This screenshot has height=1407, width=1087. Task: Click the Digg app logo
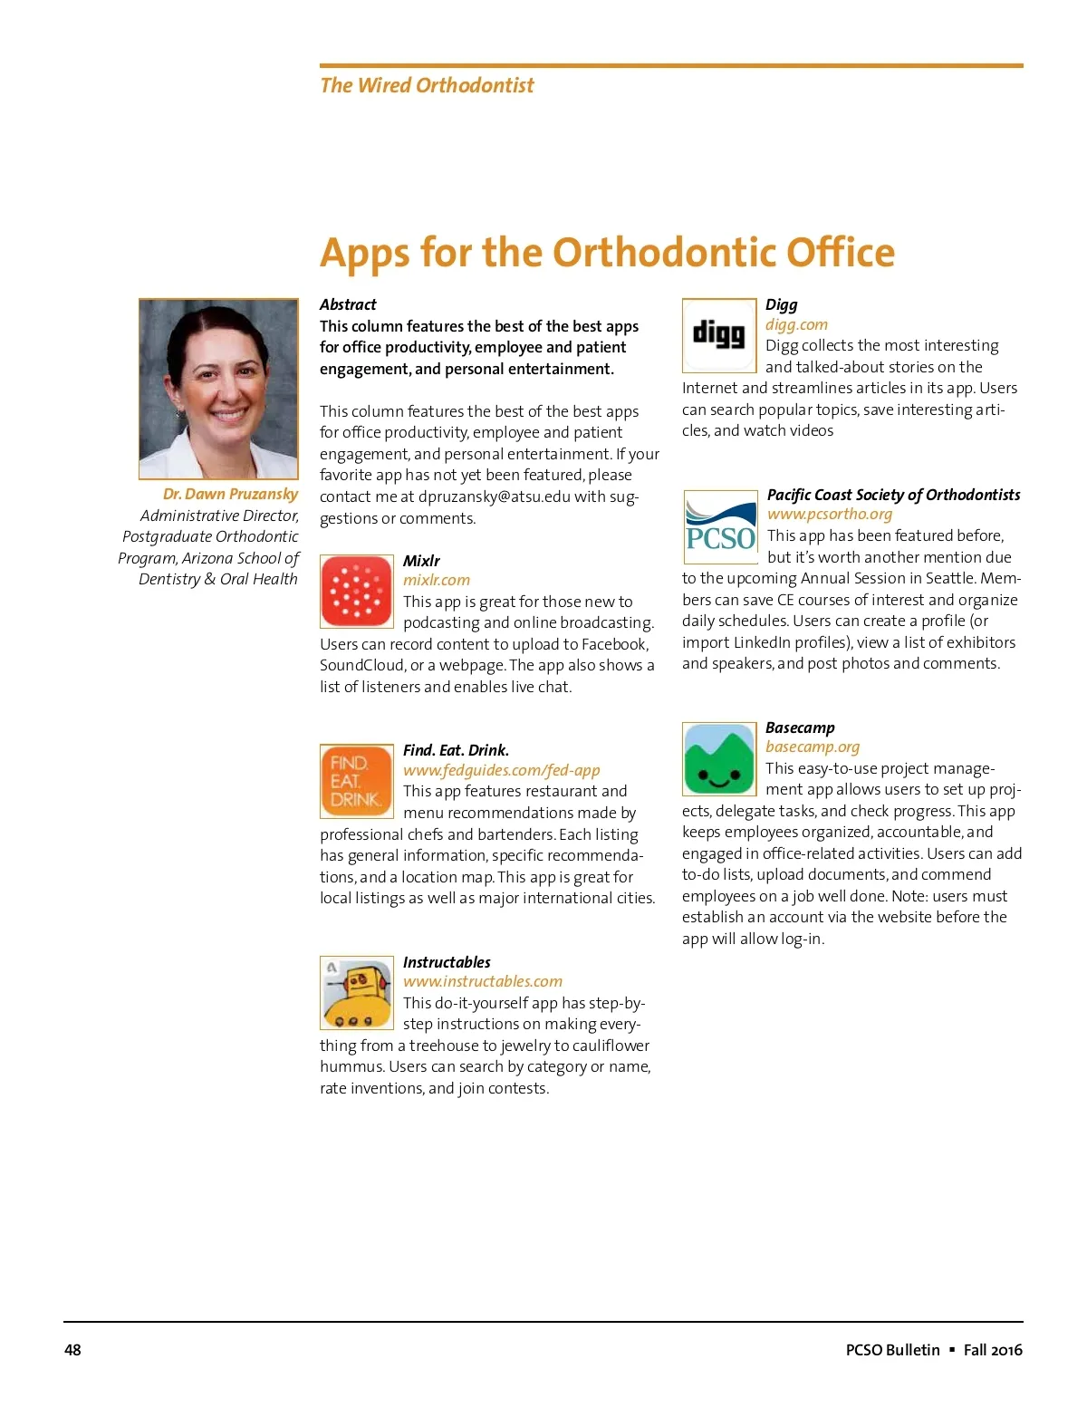pyautogui.click(x=719, y=335)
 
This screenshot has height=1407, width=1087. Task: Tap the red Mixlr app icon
pyautogui.click(x=357, y=592)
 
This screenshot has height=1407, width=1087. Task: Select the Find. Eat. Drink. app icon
pyautogui.click(x=357, y=781)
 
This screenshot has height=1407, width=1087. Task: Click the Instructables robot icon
pyautogui.click(x=357, y=993)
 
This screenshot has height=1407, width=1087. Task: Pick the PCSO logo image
pyautogui.click(x=720, y=526)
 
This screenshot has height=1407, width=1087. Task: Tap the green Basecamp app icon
pyautogui.click(x=719, y=759)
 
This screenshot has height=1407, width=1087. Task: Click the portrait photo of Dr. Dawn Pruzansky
pyautogui.click(x=218, y=389)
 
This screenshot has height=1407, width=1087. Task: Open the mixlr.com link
pyautogui.click(x=437, y=580)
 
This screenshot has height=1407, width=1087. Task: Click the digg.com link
pyautogui.click(x=796, y=324)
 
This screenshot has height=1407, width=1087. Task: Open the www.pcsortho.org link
pyautogui.click(x=830, y=514)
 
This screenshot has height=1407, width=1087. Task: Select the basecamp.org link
pyautogui.click(x=813, y=747)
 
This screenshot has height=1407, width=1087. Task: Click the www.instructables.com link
pyautogui.click(x=483, y=981)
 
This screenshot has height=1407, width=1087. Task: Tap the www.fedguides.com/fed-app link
pyautogui.click(x=502, y=770)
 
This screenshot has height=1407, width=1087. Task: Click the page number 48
pyautogui.click(x=72, y=1350)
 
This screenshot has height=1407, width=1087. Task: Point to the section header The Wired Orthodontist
pyautogui.click(x=427, y=85)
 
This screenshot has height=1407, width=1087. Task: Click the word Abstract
pyautogui.click(x=348, y=304)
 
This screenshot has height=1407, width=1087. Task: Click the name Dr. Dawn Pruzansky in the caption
pyautogui.click(x=230, y=494)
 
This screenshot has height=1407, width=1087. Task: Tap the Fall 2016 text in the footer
pyautogui.click(x=993, y=1350)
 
